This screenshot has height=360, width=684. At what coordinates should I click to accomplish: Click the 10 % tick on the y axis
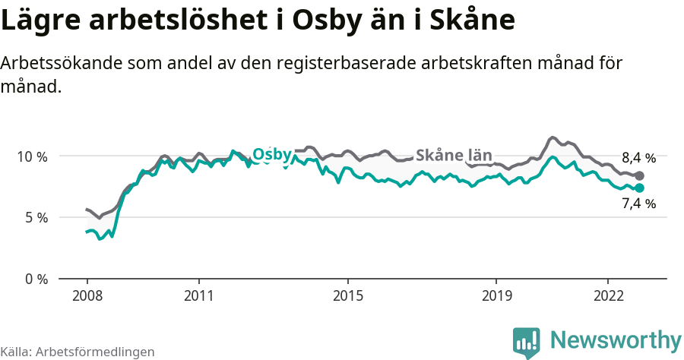click(x=32, y=156)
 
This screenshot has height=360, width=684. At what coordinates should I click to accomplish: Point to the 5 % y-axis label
click(x=35, y=218)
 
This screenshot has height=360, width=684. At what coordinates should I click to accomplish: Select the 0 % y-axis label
click(x=35, y=279)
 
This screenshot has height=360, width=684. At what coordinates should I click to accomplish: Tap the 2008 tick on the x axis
click(x=87, y=295)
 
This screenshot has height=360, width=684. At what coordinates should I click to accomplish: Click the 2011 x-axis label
click(x=198, y=295)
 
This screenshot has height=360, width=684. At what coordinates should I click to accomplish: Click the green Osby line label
click(x=272, y=155)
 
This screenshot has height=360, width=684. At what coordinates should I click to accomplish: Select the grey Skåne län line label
click(x=454, y=155)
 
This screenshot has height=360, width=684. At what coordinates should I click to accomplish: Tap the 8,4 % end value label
click(x=638, y=159)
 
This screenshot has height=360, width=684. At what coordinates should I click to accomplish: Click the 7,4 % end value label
click(x=638, y=203)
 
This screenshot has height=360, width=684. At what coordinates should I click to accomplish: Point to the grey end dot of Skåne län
click(x=639, y=175)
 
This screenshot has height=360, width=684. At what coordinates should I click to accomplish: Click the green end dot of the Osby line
click(x=639, y=188)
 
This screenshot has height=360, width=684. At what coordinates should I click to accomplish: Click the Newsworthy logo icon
click(x=527, y=342)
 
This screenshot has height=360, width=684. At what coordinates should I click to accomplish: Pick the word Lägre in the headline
click(x=39, y=21)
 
